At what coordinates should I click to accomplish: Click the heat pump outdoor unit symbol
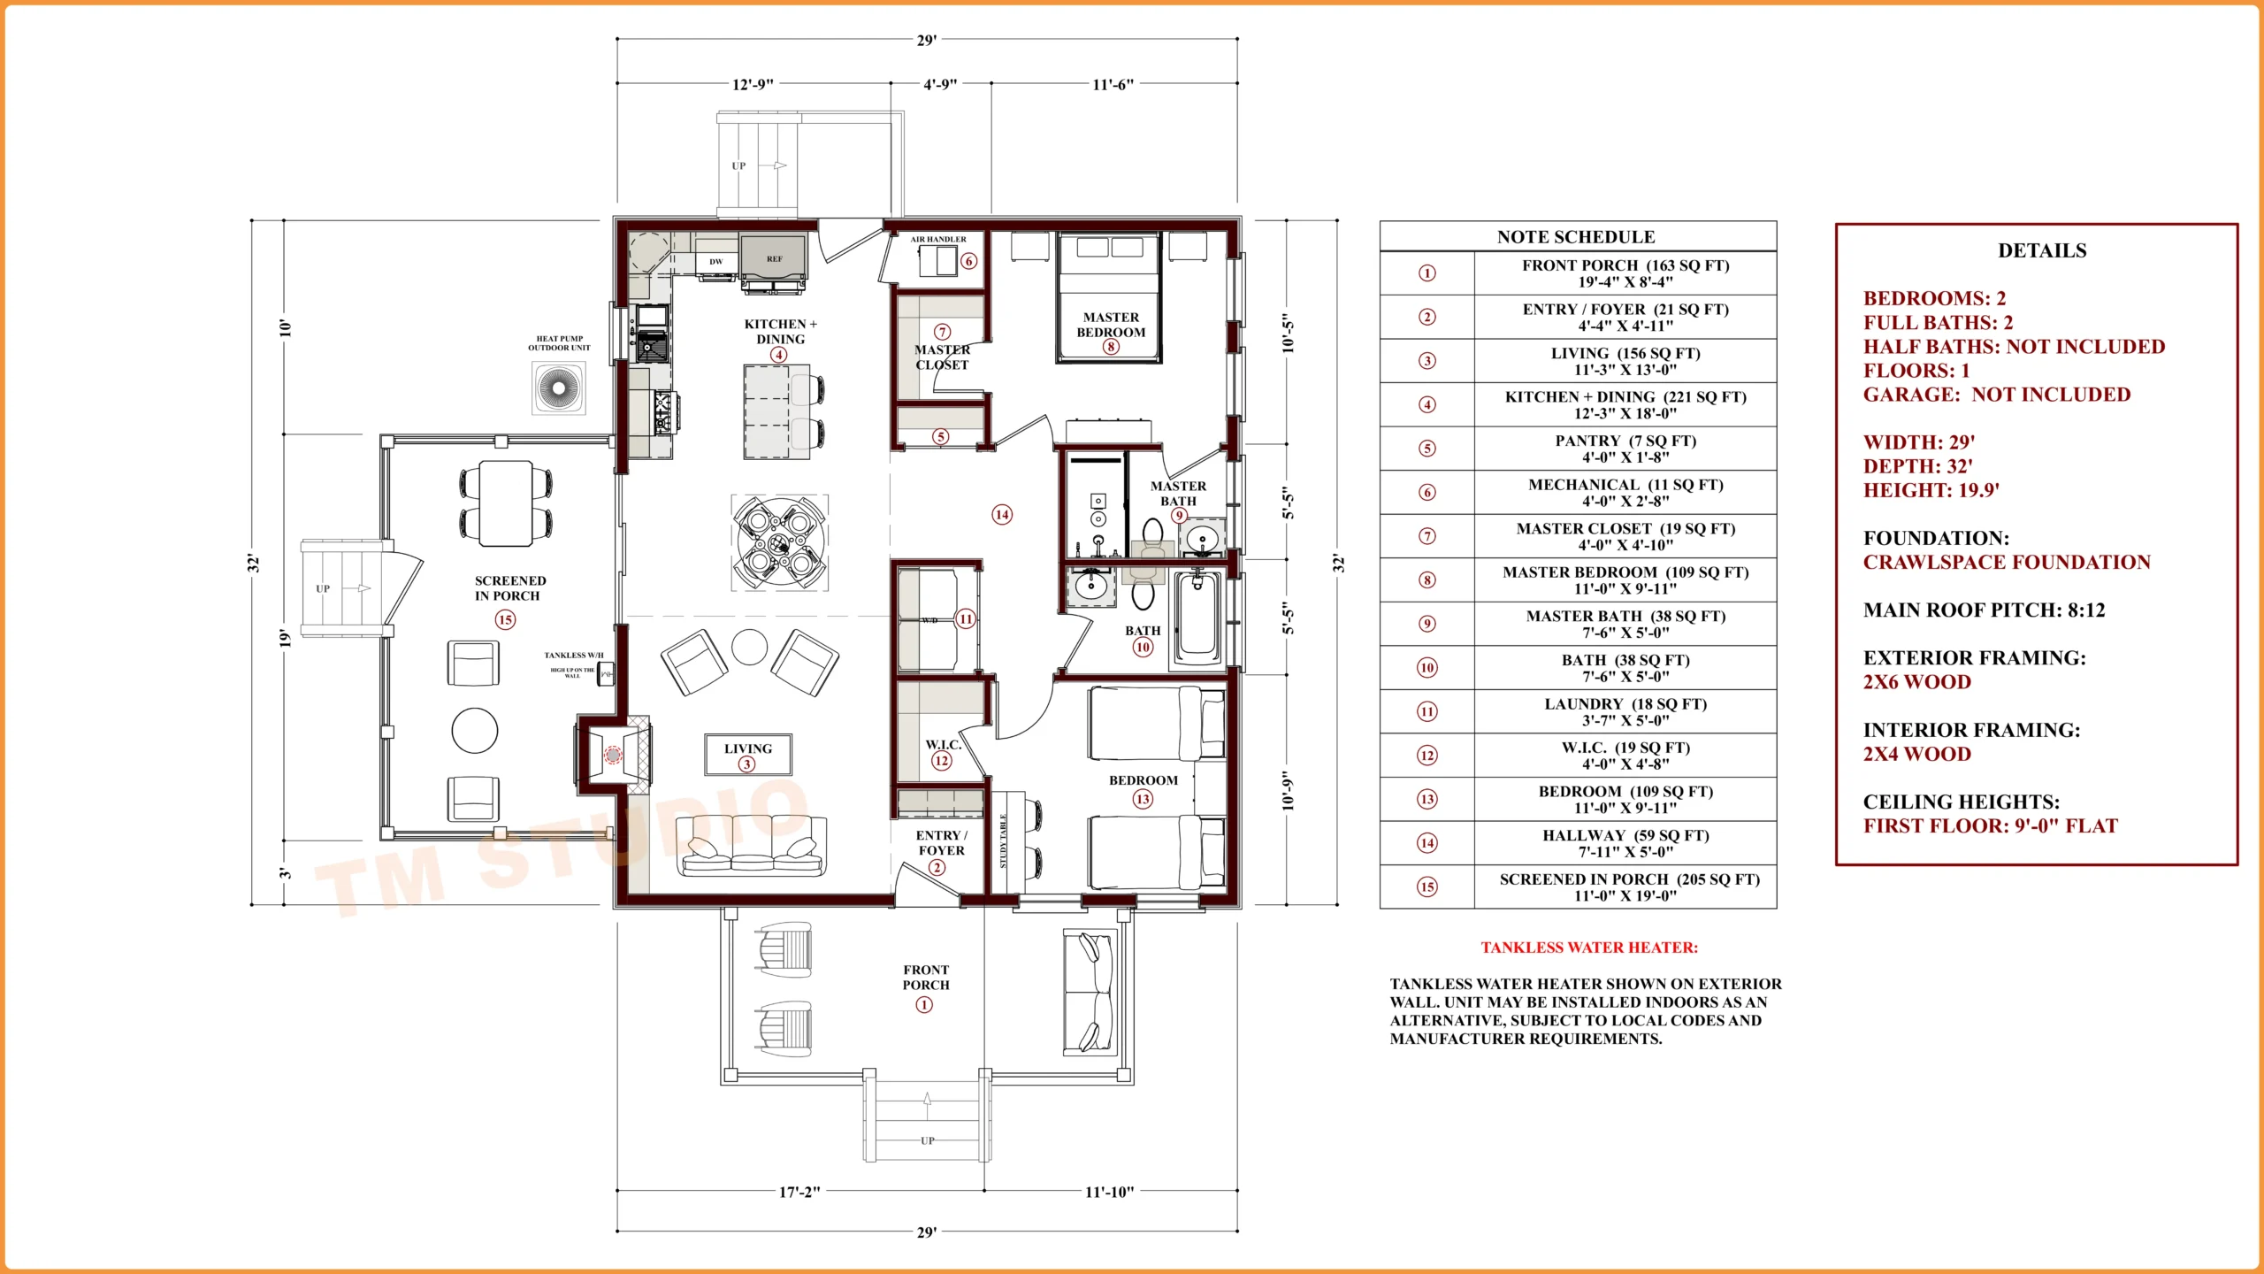pyautogui.click(x=559, y=388)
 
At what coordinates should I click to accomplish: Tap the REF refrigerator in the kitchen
pyautogui.click(x=774, y=258)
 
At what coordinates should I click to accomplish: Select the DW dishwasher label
pyautogui.click(x=715, y=262)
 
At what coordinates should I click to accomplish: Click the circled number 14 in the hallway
pyautogui.click(x=1001, y=515)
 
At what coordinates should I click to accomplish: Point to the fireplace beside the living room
pyautogui.click(x=614, y=754)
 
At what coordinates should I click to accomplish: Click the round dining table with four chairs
pyautogui.click(x=779, y=542)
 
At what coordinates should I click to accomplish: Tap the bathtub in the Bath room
pyautogui.click(x=1197, y=617)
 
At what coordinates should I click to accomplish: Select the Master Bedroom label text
pyautogui.click(x=1111, y=325)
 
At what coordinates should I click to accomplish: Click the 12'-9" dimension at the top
pyautogui.click(x=753, y=84)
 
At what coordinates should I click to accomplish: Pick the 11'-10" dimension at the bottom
pyautogui.click(x=1109, y=1192)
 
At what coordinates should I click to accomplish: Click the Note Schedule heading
pyautogui.click(x=1576, y=237)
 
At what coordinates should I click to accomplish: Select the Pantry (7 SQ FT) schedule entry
pyautogui.click(x=1625, y=449)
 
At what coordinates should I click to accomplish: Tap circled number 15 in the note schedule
pyautogui.click(x=1426, y=886)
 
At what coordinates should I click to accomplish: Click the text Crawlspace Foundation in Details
pyautogui.click(x=2006, y=563)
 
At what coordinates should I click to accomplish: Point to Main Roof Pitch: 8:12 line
pyautogui.click(x=1984, y=610)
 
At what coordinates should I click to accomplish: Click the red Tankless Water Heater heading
pyautogui.click(x=1588, y=948)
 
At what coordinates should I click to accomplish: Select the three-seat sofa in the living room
pyautogui.click(x=751, y=846)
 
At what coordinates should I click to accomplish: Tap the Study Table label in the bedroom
pyautogui.click(x=1003, y=841)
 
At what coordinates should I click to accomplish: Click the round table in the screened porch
pyautogui.click(x=475, y=731)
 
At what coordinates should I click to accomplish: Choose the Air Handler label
pyautogui.click(x=938, y=239)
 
